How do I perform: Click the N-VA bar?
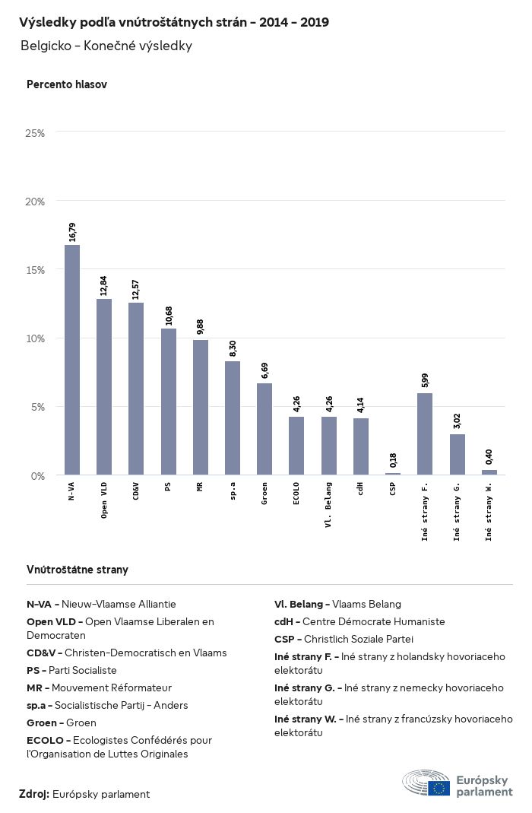tap(72, 360)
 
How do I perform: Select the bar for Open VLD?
tap(104, 387)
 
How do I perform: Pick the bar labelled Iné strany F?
tap(425, 433)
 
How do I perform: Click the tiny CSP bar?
tap(392, 473)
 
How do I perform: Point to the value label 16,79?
tap(72, 232)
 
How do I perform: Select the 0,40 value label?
tap(489, 457)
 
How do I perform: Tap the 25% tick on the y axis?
tap(35, 133)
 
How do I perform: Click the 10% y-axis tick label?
tap(35, 338)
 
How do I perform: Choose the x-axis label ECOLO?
tap(296, 494)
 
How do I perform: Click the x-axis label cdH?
tap(360, 489)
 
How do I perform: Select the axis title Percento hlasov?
tap(67, 84)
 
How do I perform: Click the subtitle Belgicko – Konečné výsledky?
tap(106, 46)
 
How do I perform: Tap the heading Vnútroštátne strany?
tap(78, 570)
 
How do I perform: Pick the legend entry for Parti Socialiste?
tap(72, 671)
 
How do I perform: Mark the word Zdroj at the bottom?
tap(34, 794)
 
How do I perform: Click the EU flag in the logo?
tap(439, 788)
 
